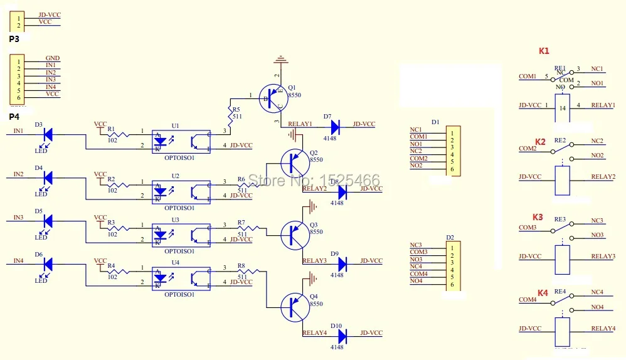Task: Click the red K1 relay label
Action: pos(544,51)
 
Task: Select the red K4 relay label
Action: pos(543,293)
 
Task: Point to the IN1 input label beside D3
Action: pos(19,130)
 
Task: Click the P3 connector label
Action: pos(14,39)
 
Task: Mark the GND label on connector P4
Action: pos(53,58)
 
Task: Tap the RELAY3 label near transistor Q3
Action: pos(314,261)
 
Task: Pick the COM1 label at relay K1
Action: pos(528,77)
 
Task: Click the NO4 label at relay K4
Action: pos(597,307)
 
